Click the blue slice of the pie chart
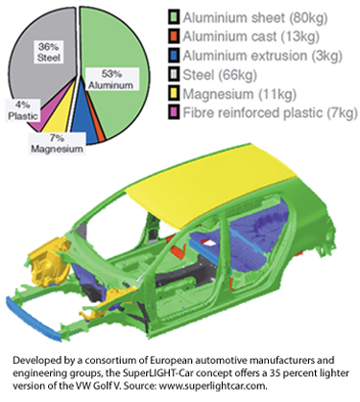tap(83, 123)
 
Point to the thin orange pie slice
tap(98, 128)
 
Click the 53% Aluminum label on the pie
tap(110, 80)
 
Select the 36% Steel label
tap(49, 52)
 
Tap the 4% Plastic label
tap(23, 110)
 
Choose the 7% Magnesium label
tap(57, 144)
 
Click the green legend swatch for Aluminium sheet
tap(174, 17)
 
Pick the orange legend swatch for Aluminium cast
tap(174, 36)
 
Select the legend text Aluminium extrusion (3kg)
tap(262, 56)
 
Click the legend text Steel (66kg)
tap(220, 75)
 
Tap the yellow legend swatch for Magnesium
tap(174, 94)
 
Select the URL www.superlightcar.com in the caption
tap(212, 386)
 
